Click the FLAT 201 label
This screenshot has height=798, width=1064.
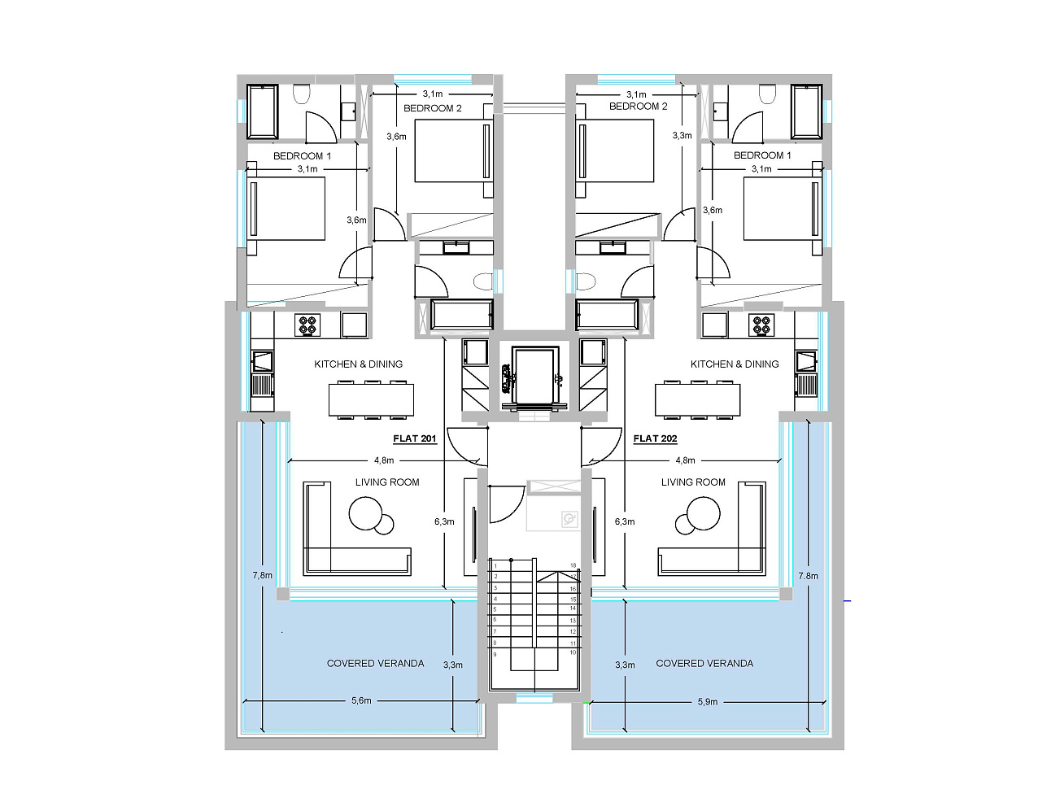[414, 438]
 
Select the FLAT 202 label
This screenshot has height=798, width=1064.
[655, 438]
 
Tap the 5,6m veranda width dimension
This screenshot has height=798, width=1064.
[361, 700]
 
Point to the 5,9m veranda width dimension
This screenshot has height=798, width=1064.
[707, 701]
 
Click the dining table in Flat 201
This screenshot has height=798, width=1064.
[371, 399]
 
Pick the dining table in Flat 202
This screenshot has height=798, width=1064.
[697, 399]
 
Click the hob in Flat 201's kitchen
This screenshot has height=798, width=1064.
[307, 325]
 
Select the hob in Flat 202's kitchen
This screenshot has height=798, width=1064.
[761, 325]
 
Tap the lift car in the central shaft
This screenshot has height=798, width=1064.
[534, 376]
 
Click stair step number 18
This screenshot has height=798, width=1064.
[573, 565]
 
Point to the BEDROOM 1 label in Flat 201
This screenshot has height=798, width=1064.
[302, 156]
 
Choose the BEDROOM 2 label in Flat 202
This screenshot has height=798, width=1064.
[638, 106]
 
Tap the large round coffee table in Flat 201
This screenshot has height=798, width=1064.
[366, 513]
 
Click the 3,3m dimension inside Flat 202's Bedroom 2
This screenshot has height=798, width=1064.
[682, 136]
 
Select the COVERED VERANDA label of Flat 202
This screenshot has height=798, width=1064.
[704, 663]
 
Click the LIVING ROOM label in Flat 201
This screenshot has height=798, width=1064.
[387, 482]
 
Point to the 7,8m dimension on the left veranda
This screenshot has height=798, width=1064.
[262, 575]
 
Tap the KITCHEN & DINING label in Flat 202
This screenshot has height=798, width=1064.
[735, 364]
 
